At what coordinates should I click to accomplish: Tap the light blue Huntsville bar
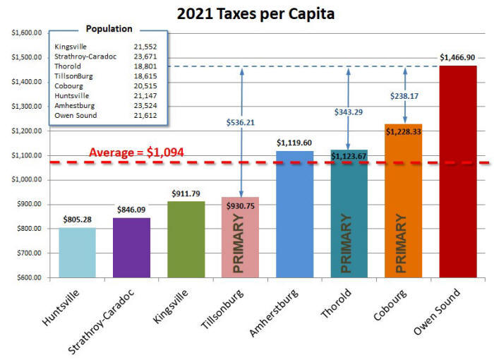[x=77, y=252]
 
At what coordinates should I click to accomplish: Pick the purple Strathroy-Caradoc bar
[x=132, y=247]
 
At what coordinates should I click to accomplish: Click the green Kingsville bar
[x=187, y=239]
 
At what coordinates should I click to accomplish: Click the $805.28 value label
[x=77, y=219]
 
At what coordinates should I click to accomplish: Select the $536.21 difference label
[x=241, y=121]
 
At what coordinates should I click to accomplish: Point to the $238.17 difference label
[x=404, y=95]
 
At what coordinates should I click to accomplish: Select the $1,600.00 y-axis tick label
[x=26, y=32]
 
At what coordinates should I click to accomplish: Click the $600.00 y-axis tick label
[x=28, y=277]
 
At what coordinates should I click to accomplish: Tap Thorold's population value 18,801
[x=145, y=66]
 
